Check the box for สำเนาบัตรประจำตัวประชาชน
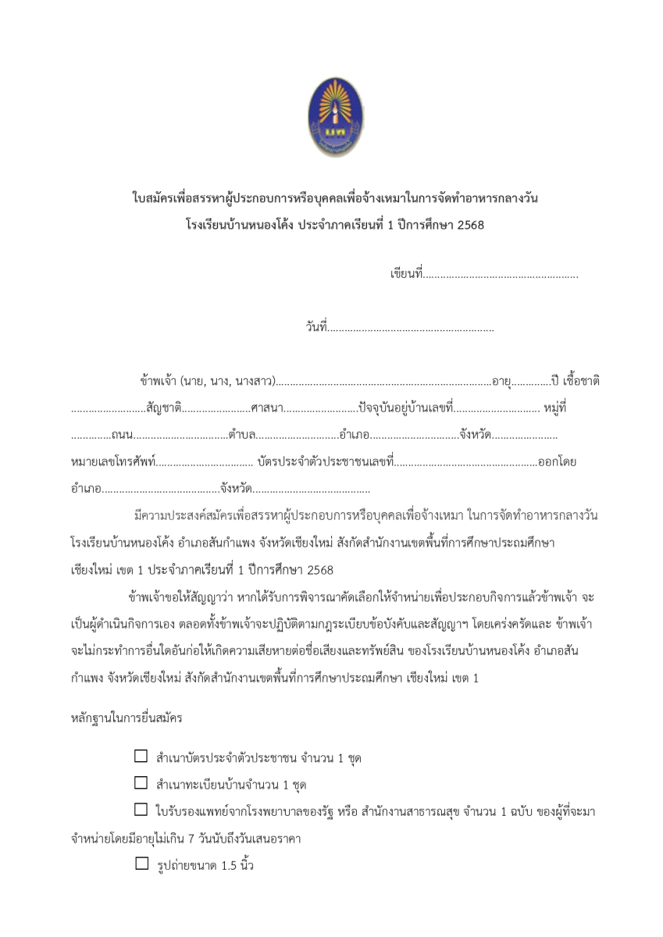141,757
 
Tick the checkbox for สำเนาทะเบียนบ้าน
141,783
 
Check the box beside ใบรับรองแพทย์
141,811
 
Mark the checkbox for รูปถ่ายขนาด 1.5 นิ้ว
141,864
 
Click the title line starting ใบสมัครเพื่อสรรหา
334,199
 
